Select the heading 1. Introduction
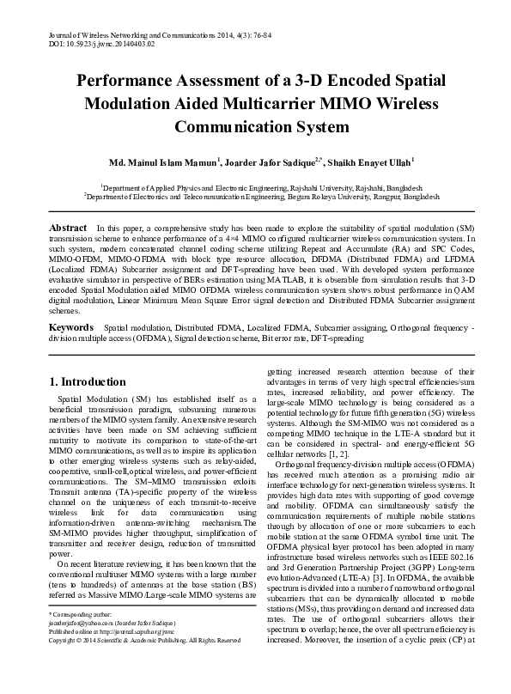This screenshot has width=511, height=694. tap(88, 382)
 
